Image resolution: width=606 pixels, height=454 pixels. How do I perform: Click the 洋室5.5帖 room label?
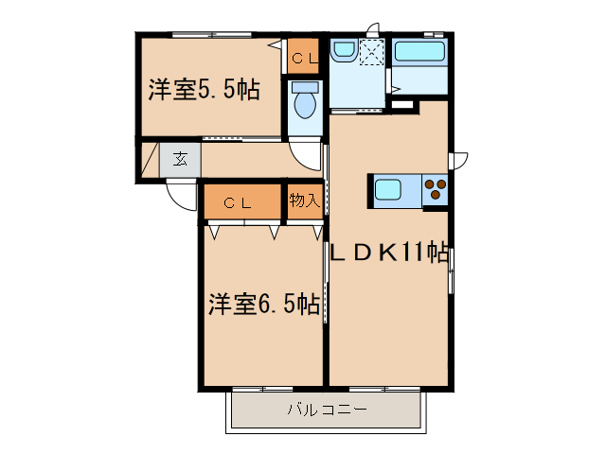tap(204, 90)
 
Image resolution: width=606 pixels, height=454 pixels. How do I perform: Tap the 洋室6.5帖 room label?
tap(263, 305)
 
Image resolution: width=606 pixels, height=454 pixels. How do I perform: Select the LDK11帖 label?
tap(388, 253)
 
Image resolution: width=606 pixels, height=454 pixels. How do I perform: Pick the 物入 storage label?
tap(304, 201)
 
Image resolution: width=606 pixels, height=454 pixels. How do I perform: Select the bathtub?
tap(419, 53)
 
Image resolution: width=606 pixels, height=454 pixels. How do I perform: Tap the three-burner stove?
tap(437, 190)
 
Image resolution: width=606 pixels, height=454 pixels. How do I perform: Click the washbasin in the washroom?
tap(342, 52)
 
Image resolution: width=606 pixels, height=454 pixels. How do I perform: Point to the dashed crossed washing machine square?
tap(371, 53)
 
